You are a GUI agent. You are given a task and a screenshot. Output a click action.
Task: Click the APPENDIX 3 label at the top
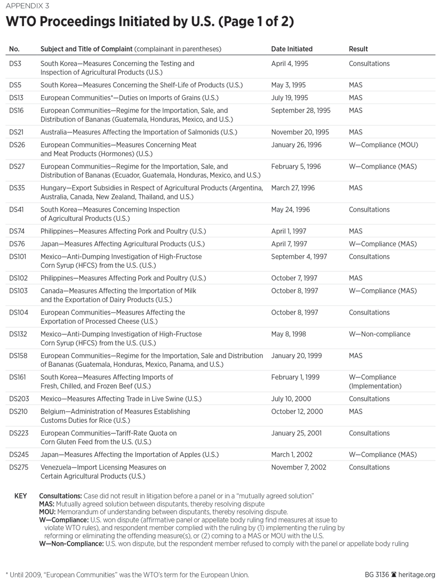point(26,6)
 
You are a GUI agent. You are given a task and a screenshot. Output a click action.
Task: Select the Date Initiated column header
point(292,49)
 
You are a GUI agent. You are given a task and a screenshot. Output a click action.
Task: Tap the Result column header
point(358,49)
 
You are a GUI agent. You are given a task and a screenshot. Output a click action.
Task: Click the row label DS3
point(15,63)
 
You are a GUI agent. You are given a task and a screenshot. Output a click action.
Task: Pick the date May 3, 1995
point(289,85)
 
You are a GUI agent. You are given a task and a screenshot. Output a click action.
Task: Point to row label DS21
point(17,132)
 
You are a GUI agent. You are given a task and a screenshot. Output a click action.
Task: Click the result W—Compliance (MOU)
point(383,145)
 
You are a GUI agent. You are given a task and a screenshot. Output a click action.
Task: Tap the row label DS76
point(17,244)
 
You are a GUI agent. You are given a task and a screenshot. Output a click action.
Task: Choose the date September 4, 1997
point(299,256)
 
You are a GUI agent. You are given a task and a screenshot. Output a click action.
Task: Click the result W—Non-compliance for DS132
point(380,334)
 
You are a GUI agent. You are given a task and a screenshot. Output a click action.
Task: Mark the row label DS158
point(19,355)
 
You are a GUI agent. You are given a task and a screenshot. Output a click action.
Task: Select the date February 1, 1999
point(295,377)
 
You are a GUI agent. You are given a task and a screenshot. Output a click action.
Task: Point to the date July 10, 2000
point(291,399)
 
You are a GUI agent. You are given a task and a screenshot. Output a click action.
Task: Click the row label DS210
point(19,412)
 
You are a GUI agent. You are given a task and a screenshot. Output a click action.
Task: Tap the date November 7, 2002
point(299,468)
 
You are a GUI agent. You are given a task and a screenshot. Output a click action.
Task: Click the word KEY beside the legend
point(20,496)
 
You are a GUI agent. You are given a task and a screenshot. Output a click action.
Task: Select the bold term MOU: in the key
point(47,511)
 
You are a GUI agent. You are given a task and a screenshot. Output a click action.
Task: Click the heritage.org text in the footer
point(417,575)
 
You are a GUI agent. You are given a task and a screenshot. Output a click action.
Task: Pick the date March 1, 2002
point(292,455)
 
